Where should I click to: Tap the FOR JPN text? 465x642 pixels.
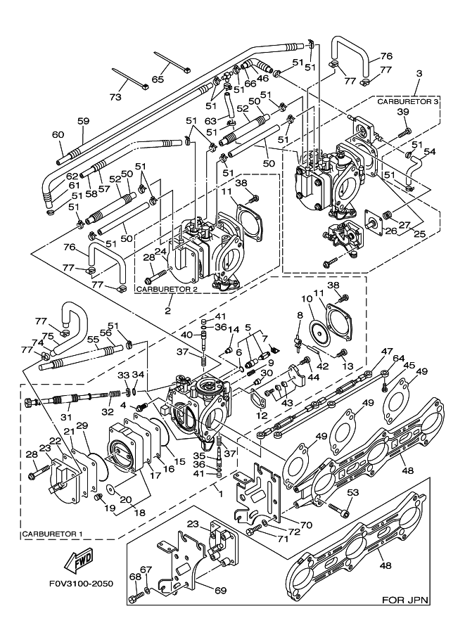[406, 600]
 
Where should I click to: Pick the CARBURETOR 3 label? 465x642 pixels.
[408, 102]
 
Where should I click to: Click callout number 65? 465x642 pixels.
[158, 79]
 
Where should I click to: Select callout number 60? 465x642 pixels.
[58, 135]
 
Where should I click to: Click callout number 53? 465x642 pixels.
[353, 492]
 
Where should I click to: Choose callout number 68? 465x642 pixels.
[134, 577]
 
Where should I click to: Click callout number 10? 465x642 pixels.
[308, 300]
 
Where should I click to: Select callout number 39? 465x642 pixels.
[402, 113]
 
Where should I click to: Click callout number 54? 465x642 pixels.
[430, 152]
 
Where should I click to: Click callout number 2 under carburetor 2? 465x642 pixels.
[168, 309]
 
